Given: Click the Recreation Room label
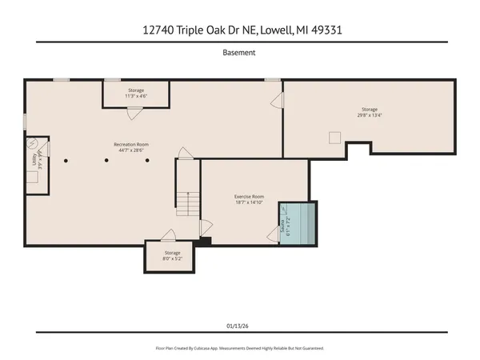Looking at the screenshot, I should [130, 148].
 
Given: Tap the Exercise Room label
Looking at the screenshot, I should [249, 200].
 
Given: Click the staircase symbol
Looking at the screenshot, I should [186, 204].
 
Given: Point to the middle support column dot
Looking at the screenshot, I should [107, 160].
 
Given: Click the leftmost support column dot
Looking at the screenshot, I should [67, 160].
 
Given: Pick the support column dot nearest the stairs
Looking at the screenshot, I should [147, 160].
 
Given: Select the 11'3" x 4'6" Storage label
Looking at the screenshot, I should [136, 94].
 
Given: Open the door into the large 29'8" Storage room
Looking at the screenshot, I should [278, 101].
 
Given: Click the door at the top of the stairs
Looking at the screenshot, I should [184, 153].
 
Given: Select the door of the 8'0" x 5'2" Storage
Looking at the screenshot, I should [169, 235].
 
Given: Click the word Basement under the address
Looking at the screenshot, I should [239, 54].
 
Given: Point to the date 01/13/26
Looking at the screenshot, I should [239, 325].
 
